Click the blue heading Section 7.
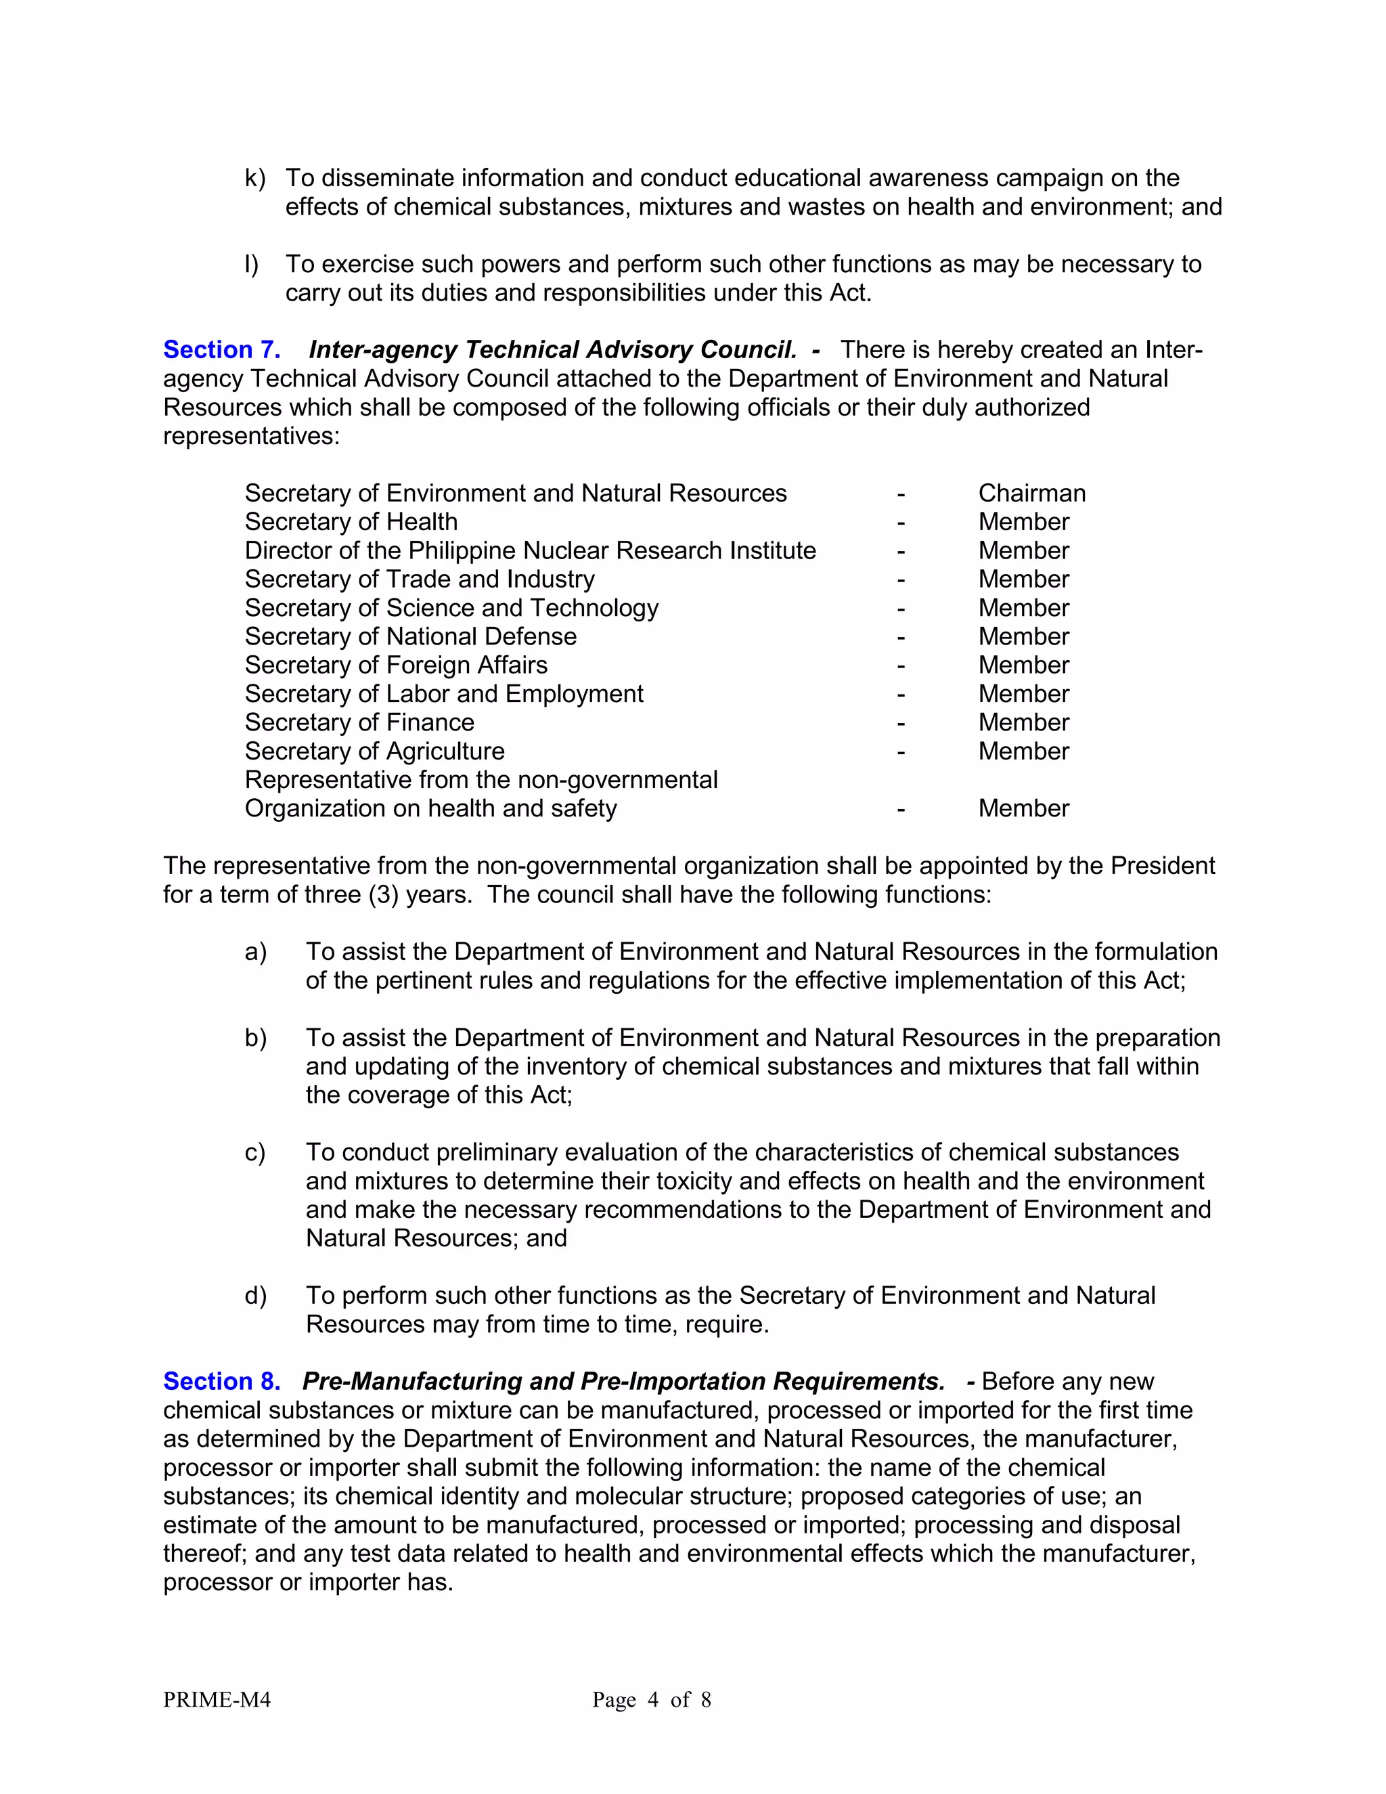click(x=222, y=350)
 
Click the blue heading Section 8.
click(x=222, y=1382)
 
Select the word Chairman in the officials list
click(x=1031, y=493)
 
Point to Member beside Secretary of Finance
click(x=1023, y=722)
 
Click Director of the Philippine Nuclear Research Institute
click(x=530, y=550)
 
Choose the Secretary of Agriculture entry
click(x=374, y=751)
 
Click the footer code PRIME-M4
click(x=217, y=1699)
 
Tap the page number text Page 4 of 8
click(x=651, y=1699)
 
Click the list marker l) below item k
click(x=251, y=265)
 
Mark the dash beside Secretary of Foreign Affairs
click(x=901, y=665)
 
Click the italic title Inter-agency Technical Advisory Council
click(x=552, y=350)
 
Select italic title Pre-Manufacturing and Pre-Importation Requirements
click(x=623, y=1382)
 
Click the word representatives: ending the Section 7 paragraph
click(x=251, y=436)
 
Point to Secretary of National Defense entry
click(x=411, y=636)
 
